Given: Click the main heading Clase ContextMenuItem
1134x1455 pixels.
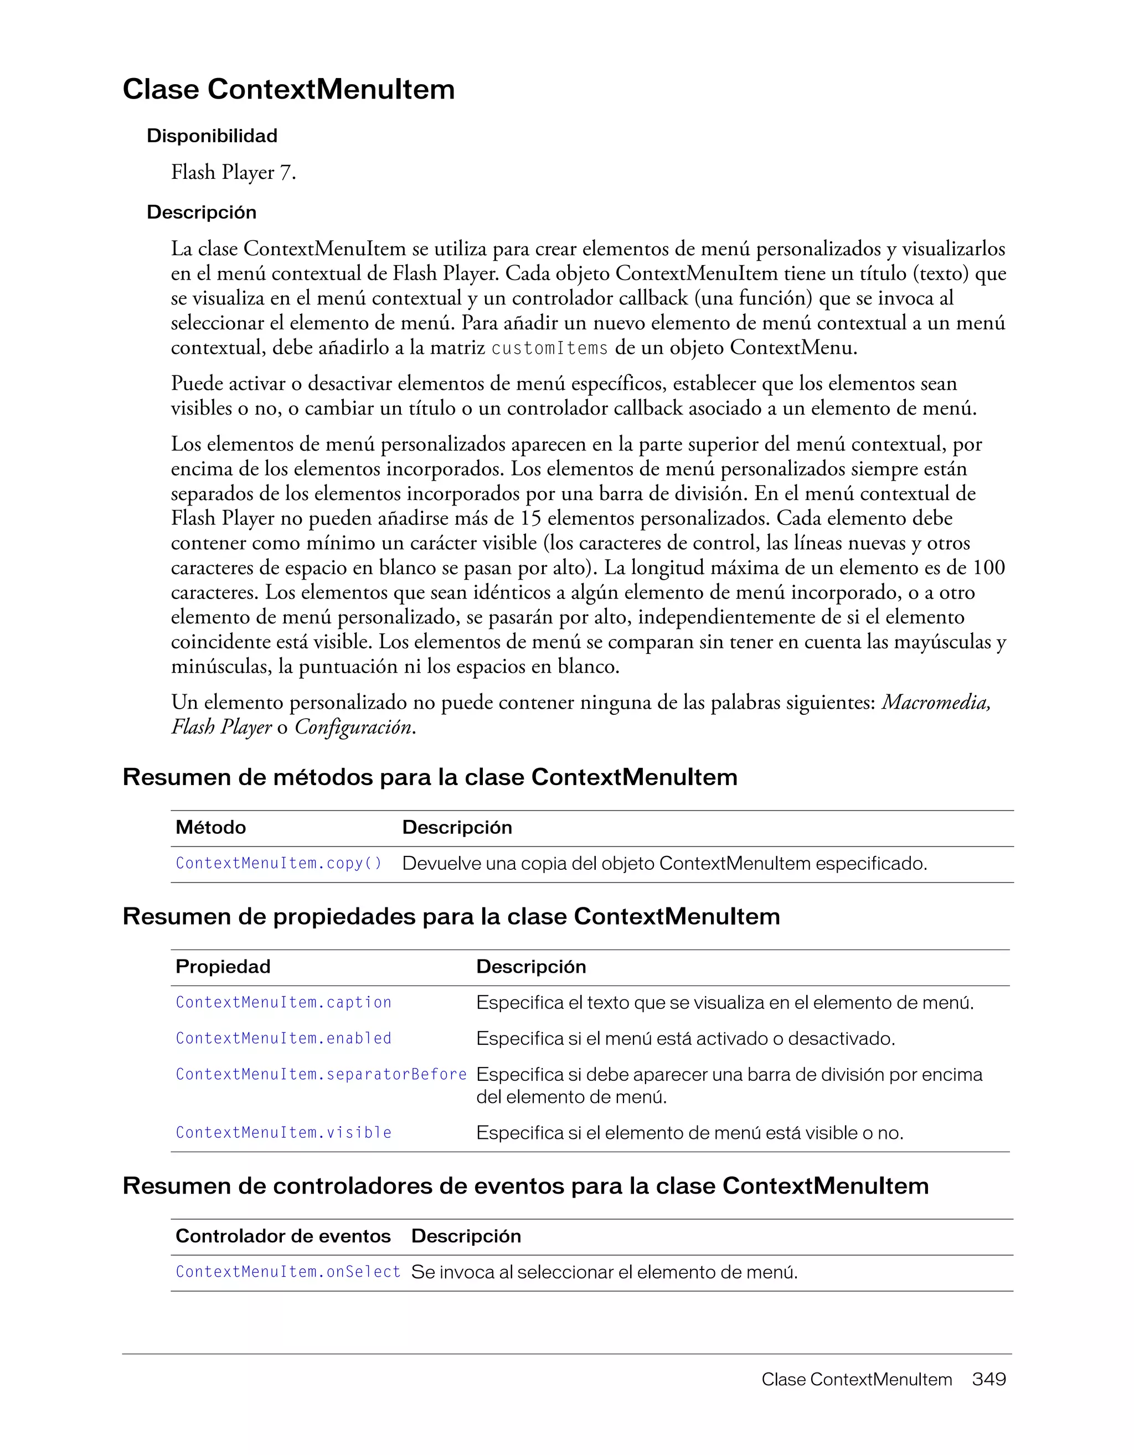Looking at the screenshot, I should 288,89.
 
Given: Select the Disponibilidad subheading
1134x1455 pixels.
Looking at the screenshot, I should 212,136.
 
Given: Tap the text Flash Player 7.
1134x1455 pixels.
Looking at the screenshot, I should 233,173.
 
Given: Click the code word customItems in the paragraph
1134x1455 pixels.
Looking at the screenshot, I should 550,348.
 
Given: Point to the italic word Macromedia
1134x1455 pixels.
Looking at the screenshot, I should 935,702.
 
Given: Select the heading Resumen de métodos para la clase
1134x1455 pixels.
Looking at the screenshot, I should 430,777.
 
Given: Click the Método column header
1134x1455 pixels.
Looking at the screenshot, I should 210,827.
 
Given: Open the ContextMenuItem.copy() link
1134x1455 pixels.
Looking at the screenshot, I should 279,863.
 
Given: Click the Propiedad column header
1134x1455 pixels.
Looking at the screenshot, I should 223,967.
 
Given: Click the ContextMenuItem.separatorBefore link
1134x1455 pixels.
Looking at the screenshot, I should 321,1075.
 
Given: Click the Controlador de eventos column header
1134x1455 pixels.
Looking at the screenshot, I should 283,1236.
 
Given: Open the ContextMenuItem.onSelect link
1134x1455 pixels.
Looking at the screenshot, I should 288,1272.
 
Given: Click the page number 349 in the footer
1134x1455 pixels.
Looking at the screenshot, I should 989,1379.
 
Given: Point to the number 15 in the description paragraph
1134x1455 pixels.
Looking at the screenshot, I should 530,518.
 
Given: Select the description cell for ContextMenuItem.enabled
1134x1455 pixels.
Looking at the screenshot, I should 685,1039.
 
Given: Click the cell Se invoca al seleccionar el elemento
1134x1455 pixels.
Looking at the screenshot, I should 604,1272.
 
